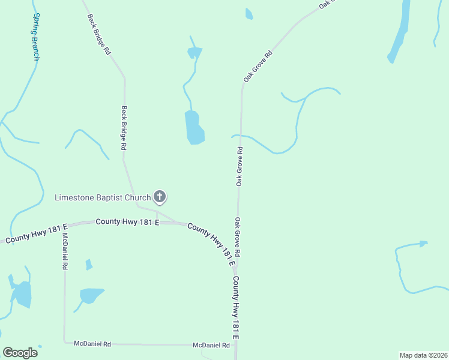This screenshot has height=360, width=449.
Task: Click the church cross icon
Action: (160, 196)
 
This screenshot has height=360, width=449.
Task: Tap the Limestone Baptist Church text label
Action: (102, 197)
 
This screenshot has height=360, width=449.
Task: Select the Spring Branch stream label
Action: (37, 37)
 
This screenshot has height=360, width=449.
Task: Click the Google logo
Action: (20, 352)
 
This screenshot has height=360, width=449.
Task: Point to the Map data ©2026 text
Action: (423, 355)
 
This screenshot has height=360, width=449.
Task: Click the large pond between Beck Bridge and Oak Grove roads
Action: (194, 128)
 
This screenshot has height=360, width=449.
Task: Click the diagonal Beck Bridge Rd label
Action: (100, 35)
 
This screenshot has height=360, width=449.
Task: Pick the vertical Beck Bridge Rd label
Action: (124, 128)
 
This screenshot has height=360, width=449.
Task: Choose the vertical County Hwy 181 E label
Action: (236, 308)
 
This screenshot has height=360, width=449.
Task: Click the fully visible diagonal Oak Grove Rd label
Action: (258, 67)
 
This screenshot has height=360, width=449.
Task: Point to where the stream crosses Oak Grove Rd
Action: (241, 136)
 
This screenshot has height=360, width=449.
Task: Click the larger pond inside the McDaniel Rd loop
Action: (91, 295)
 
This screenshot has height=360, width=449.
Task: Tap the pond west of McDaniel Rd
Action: (22, 294)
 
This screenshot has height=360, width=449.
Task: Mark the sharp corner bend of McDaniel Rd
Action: (64, 343)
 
